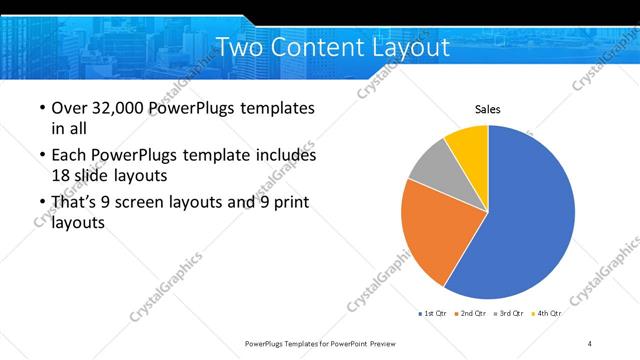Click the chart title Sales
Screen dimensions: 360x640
(487, 109)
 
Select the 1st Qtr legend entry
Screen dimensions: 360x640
(432, 314)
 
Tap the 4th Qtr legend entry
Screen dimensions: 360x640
(546, 314)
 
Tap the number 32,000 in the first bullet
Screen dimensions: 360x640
(121, 108)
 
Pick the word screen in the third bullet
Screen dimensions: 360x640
(156, 203)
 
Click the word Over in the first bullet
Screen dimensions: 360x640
(68, 108)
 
